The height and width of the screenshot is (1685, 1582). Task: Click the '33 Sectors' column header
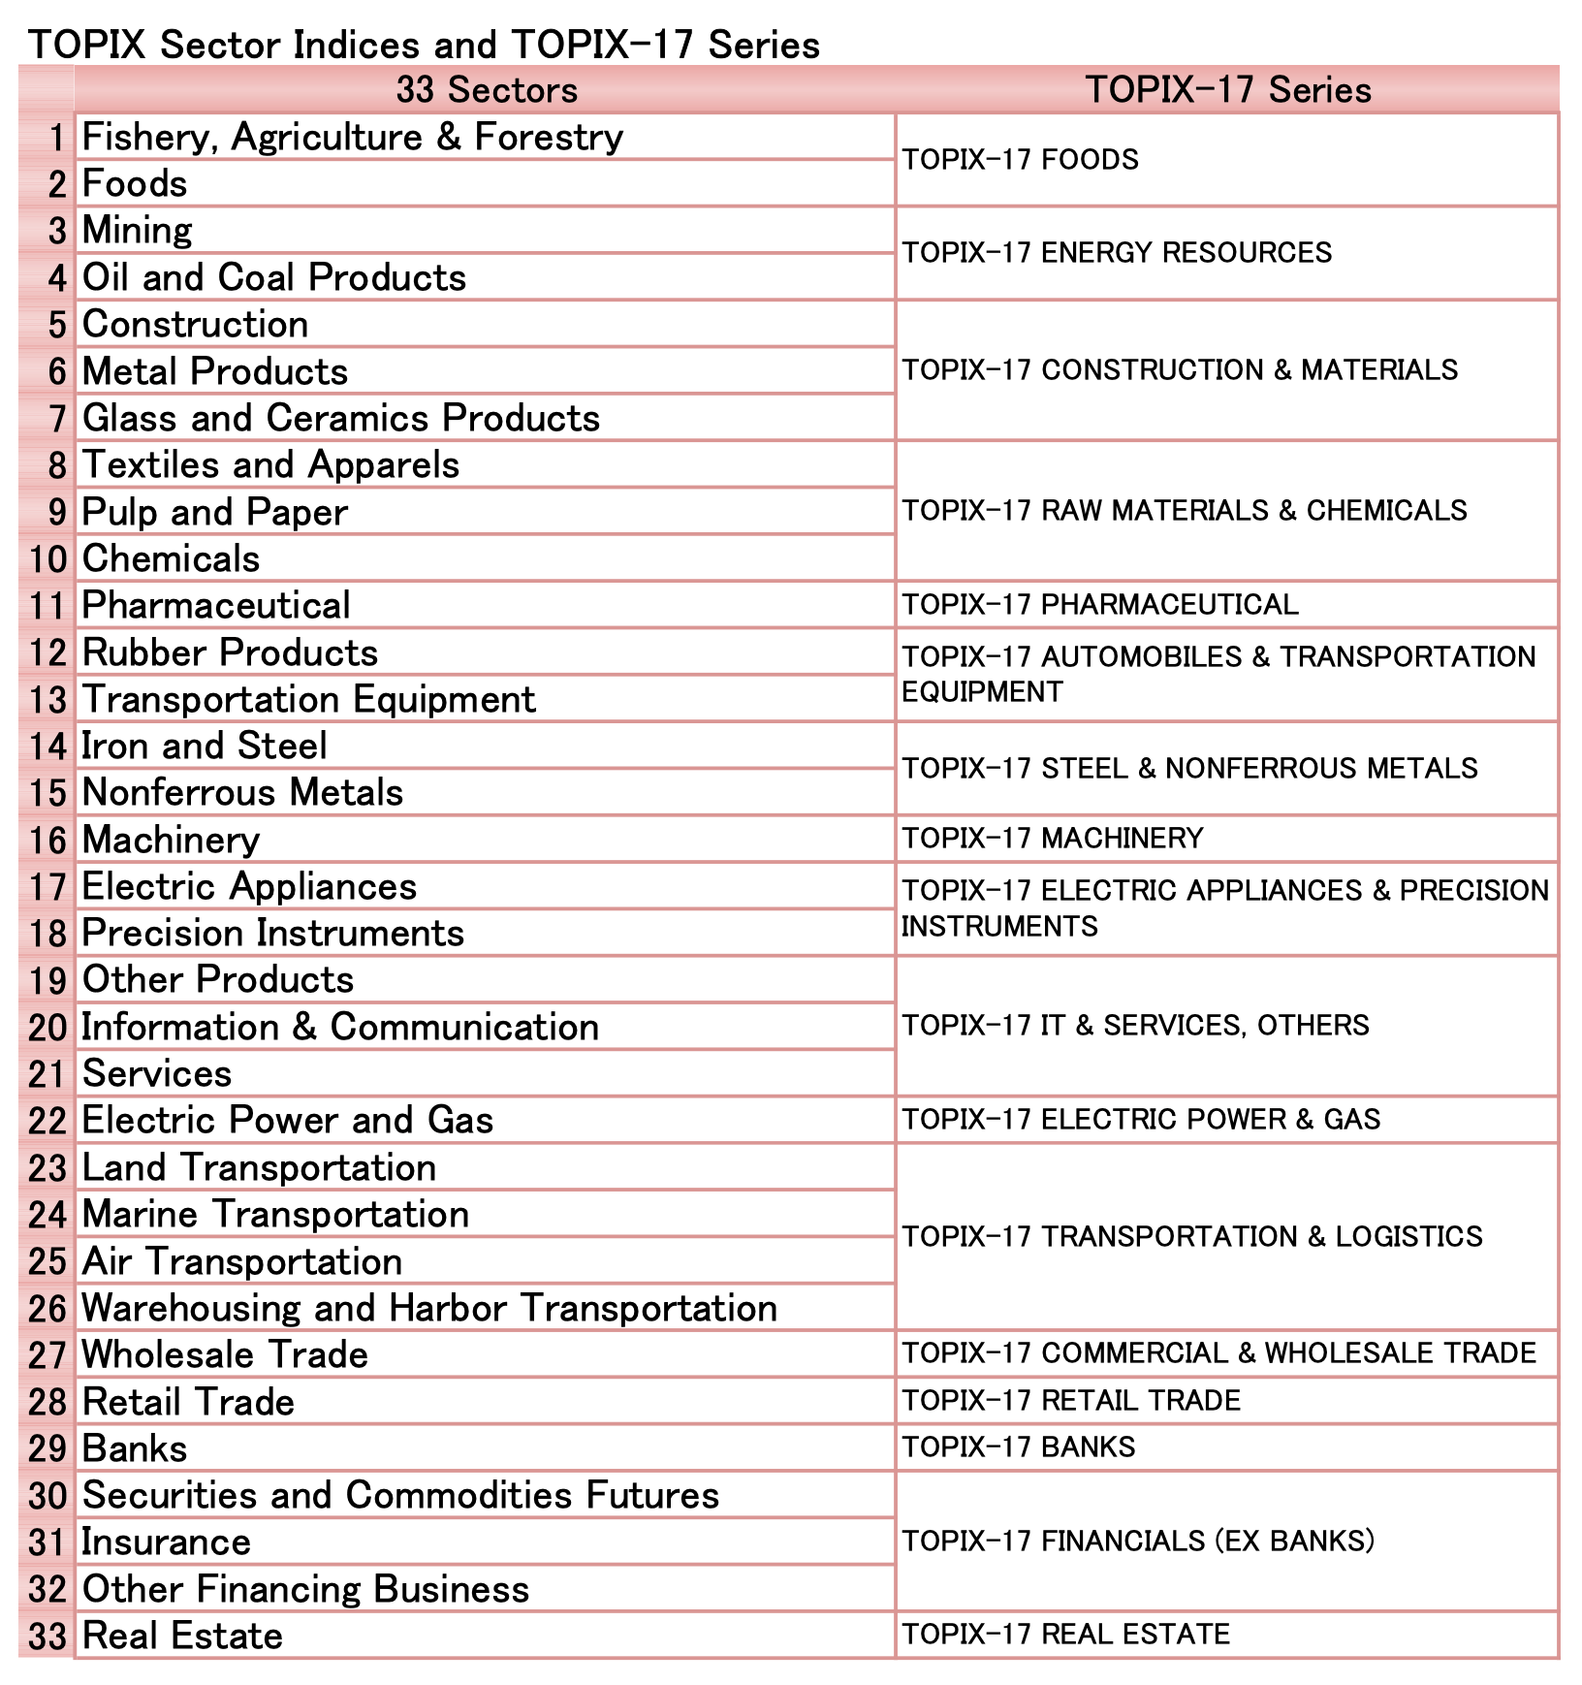coord(486,90)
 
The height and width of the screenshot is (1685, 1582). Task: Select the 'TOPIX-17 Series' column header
coord(1227,90)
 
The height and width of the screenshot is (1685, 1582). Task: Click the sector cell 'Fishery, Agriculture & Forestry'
coord(352,137)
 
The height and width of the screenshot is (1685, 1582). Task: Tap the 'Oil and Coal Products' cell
coord(274,277)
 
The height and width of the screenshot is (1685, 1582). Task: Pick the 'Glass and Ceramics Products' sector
coord(341,418)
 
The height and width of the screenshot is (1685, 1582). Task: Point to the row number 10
coord(47,559)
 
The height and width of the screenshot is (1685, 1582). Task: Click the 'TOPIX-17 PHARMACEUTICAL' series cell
coord(1100,605)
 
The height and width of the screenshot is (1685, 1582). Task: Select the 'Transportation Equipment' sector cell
coord(308,699)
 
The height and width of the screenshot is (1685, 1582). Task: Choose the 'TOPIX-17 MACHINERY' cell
coord(1053,839)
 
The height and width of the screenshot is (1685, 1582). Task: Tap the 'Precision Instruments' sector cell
coord(273,933)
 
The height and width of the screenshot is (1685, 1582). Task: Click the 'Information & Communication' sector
coord(340,1027)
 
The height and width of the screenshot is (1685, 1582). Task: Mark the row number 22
coord(47,1121)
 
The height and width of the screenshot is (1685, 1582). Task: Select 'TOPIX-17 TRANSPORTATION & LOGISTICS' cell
coord(1192,1236)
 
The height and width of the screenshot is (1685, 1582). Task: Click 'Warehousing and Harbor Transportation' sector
coord(429,1308)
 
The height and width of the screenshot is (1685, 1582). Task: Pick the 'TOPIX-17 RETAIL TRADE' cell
coord(1071,1401)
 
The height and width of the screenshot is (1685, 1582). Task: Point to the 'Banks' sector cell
coord(135,1448)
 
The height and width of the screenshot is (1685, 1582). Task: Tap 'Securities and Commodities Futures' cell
coord(400,1495)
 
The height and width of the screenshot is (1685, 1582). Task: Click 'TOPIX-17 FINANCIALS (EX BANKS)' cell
coord(1138,1542)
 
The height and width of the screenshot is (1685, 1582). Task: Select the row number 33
coord(47,1637)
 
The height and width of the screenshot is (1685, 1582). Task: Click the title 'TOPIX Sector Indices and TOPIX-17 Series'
coord(424,45)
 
